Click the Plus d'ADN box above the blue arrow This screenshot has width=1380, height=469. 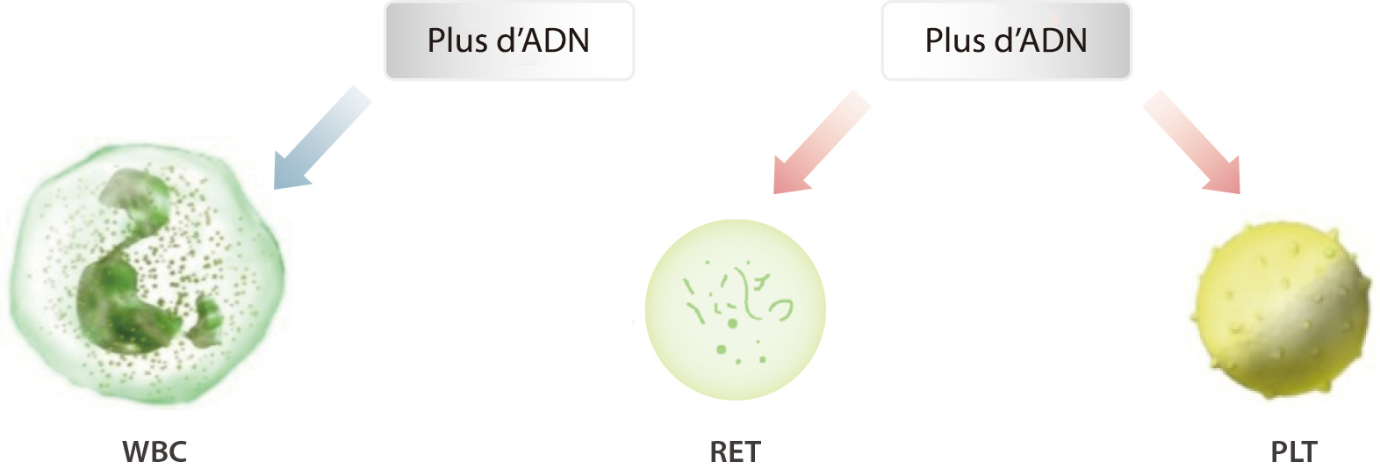point(509,40)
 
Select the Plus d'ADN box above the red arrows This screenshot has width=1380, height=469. point(1007,40)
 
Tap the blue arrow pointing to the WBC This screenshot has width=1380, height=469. point(322,137)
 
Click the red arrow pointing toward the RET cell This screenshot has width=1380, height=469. point(821,142)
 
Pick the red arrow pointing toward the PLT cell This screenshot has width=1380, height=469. point(1191,142)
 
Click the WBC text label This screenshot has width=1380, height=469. point(155,451)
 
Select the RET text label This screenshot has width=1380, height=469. point(735,451)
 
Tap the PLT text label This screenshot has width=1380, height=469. point(1294,451)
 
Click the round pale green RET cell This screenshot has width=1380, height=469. point(735,309)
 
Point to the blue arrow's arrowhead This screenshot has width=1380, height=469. point(290,172)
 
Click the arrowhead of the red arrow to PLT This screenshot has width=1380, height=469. point(1223,177)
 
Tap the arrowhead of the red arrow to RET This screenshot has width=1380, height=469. point(790,177)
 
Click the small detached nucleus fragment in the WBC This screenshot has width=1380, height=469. point(205,321)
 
